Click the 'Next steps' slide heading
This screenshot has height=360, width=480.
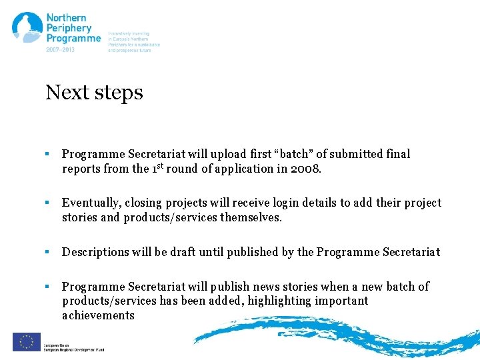pyautogui.click(x=94, y=92)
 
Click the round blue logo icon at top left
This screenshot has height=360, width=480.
pyautogui.click(x=27, y=28)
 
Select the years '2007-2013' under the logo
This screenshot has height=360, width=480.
pyautogui.click(x=60, y=49)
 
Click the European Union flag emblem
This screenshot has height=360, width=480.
pyautogui.click(x=26, y=341)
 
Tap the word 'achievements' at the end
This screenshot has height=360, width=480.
pyautogui.click(x=98, y=315)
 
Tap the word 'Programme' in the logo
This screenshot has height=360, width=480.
pyautogui.click(x=73, y=39)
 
